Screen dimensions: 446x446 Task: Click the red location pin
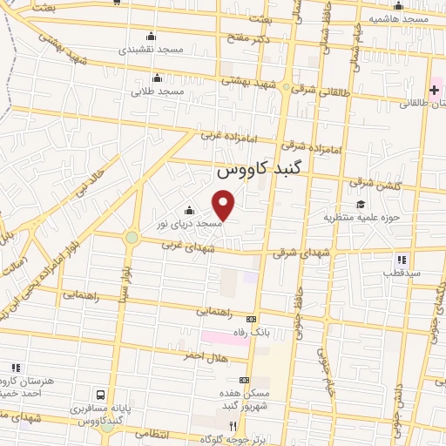tap(224, 205)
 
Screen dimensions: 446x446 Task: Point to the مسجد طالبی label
tap(159, 91)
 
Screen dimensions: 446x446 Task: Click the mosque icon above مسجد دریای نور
tap(189, 210)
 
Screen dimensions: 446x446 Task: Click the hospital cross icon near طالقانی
tap(433, 91)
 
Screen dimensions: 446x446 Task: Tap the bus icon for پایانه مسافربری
tap(103, 395)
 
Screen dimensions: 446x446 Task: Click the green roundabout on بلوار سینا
tap(132, 237)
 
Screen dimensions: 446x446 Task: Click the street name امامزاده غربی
tap(220, 136)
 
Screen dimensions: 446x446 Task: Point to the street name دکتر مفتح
tap(254, 38)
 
